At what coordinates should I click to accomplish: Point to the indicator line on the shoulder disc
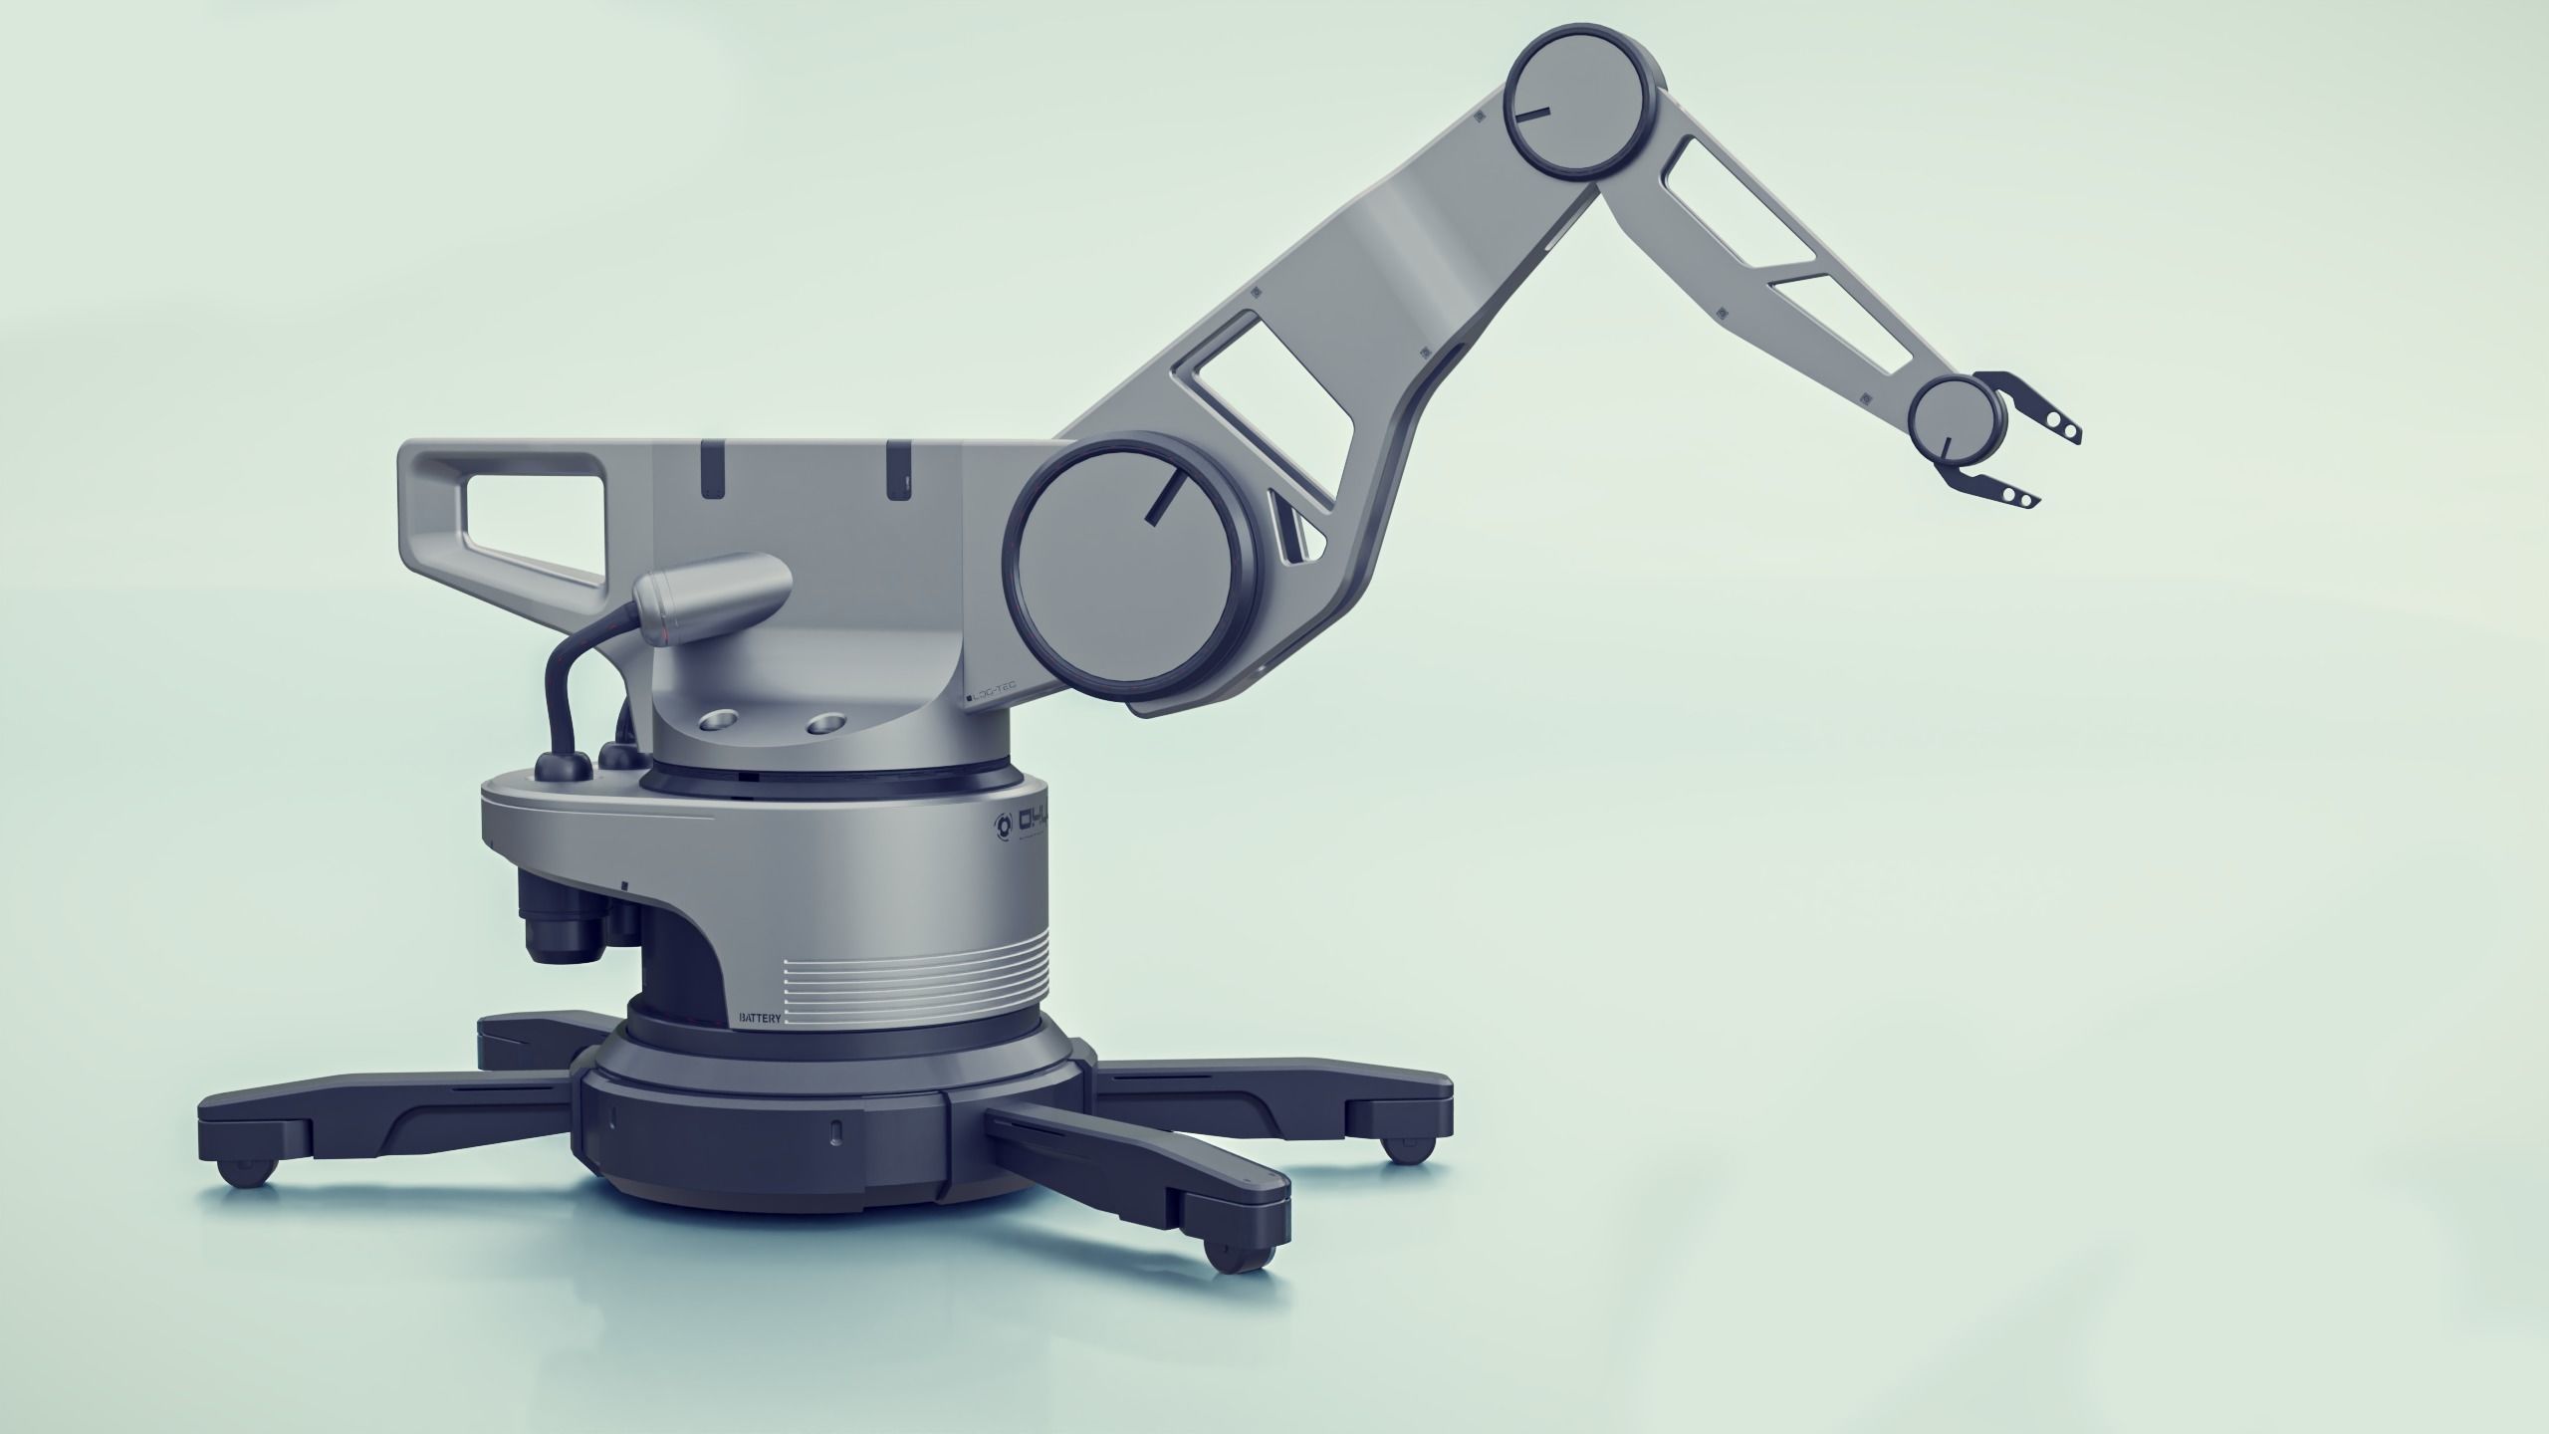[x=1164, y=495]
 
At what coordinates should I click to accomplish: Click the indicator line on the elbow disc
[x=1533, y=114]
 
